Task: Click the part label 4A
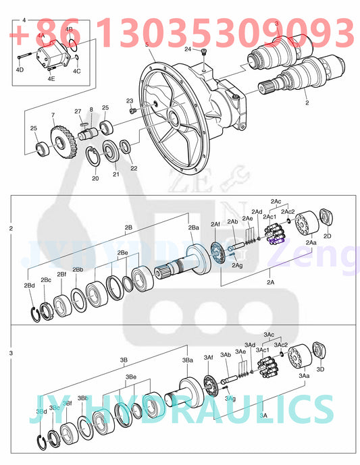[x=41, y=35]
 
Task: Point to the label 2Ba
[x=194, y=228]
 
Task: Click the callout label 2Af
[x=215, y=223]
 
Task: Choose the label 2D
[x=328, y=236]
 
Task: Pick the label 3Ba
[x=188, y=360]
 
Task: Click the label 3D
[x=321, y=369]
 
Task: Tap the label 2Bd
[x=30, y=286]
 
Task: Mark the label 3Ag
[x=231, y=398]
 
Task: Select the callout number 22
[x=134, y=168]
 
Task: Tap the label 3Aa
[x=304, y=375]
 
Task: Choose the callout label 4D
[x=20, y=70]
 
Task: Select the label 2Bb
[x=78, y=270]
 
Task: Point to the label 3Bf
[x=68, y=403]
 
